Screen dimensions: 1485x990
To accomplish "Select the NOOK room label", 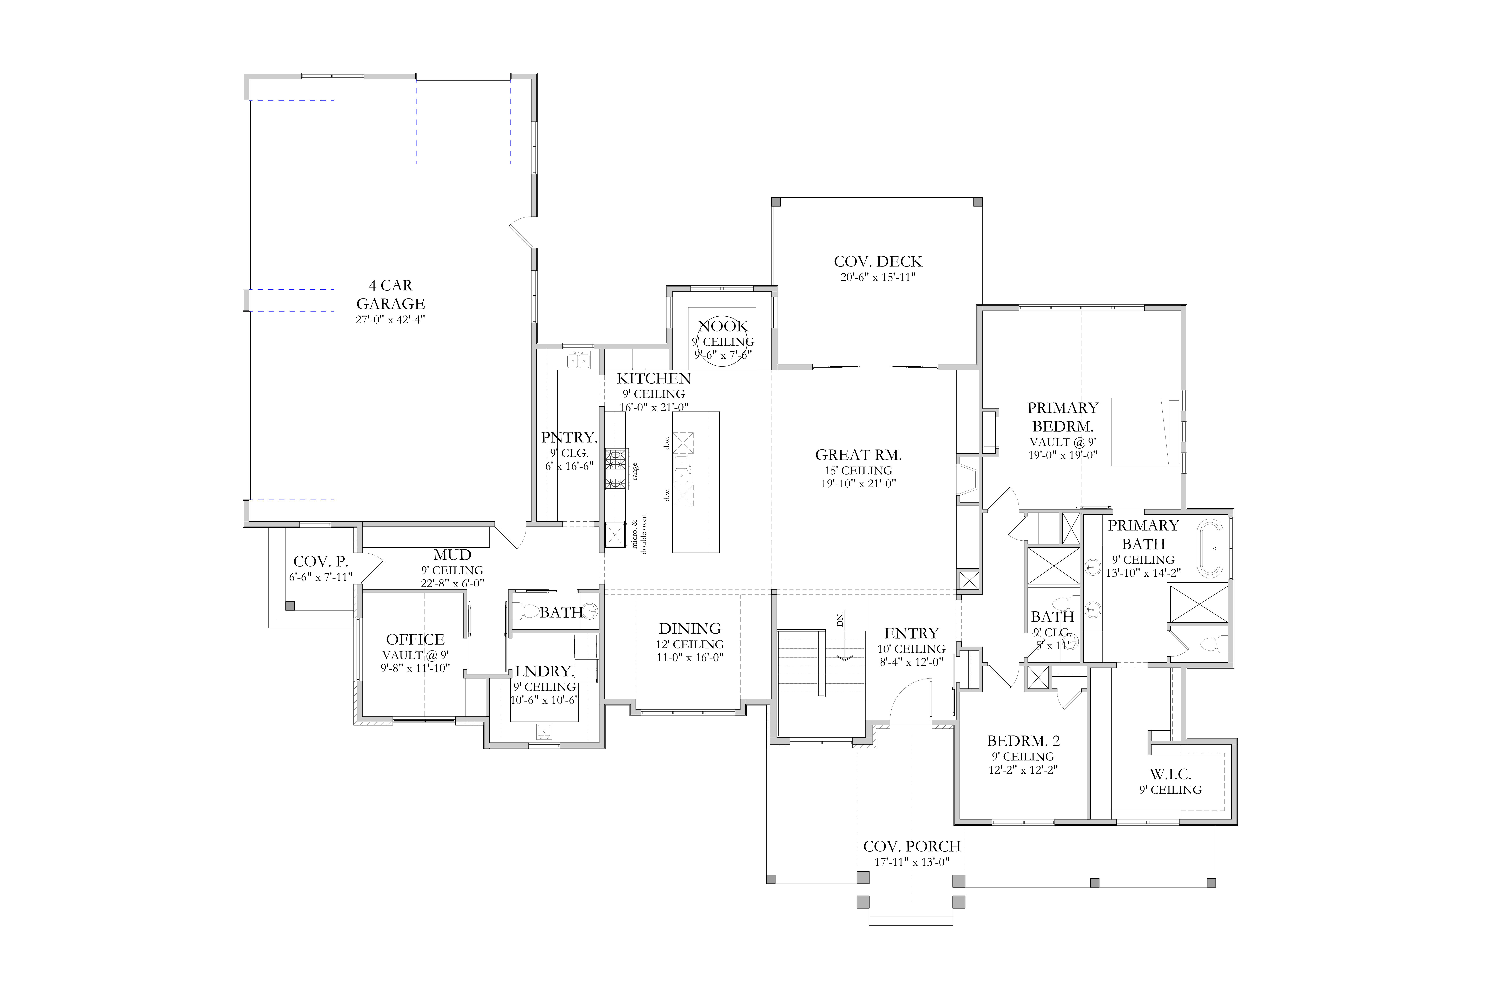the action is point(723,326).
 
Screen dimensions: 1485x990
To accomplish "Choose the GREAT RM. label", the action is point(858,455).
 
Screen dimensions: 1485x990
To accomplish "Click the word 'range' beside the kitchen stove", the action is point(635,471).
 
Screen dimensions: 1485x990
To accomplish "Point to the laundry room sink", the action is point(544,732).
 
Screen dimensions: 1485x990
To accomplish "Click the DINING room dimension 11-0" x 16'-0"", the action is point(689,657).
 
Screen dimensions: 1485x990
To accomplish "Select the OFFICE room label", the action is point(415,640).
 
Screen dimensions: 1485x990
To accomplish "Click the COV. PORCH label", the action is point(912,846).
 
